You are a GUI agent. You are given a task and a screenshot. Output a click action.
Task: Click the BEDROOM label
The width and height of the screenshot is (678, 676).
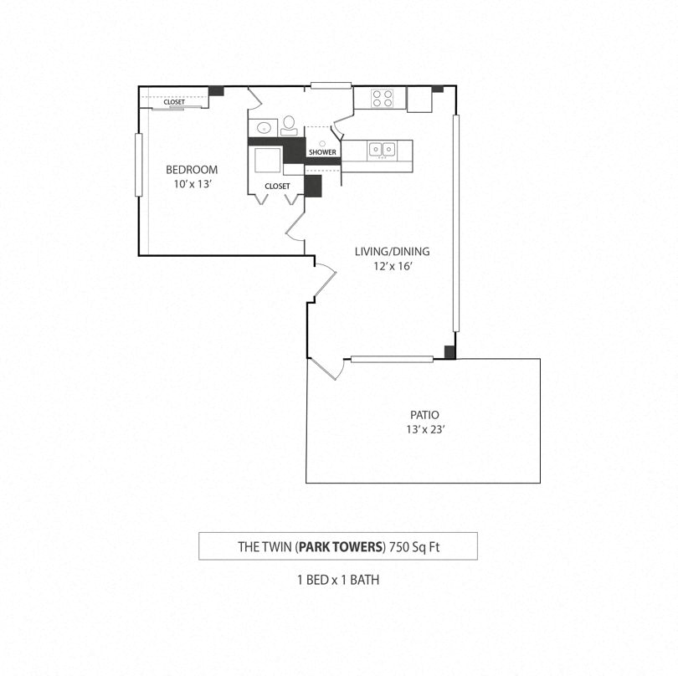[x=191, y=170]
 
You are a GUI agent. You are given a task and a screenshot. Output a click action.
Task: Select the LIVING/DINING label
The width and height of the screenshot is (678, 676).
[x=385, y=251]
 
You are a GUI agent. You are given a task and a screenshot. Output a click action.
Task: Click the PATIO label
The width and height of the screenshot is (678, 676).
[x=424, y=415]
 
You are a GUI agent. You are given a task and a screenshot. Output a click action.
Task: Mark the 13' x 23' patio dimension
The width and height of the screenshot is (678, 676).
[x=424, y=430]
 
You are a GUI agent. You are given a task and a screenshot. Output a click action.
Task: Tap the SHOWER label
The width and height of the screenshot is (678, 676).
[x=322, y=152]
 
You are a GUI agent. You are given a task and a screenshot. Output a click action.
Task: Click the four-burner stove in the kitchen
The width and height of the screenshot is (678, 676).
[x=383, y=99]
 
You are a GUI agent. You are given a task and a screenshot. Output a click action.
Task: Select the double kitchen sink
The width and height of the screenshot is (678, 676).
[x=383, y=150]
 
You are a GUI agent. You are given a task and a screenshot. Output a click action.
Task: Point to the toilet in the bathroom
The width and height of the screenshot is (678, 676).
[x=289, y=125]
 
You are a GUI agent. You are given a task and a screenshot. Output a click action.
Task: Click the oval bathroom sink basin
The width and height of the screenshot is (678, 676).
[x=263, y=128]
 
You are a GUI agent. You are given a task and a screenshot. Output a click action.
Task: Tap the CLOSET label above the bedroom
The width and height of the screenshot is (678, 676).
[x=174, y=102]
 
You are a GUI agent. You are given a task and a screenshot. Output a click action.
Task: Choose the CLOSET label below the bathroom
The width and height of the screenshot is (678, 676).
[x=277, y=186]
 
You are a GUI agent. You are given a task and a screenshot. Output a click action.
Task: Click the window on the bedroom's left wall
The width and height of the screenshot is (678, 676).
[x=139, y=165]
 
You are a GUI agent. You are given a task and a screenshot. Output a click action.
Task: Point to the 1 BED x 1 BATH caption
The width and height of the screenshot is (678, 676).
[x=338, y=579]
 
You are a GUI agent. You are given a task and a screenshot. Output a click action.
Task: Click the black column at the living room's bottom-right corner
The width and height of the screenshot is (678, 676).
[x=449, y=352]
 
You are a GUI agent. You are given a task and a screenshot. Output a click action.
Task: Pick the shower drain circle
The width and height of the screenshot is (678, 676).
[x=322, y=143]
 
